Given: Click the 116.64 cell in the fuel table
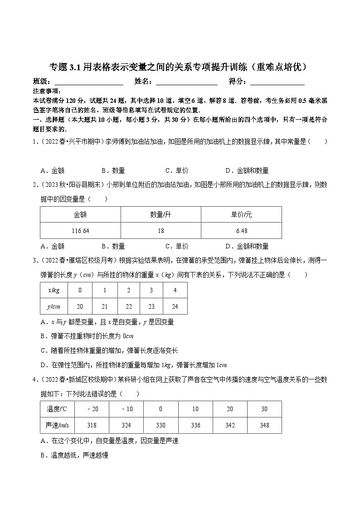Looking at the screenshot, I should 80,231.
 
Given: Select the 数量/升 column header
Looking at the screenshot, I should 161,214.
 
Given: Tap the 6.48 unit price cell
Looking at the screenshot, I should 242,231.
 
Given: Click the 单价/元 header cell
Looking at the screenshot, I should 242,214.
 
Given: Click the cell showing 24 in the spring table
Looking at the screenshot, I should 175,306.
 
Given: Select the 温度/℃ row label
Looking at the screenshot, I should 57,409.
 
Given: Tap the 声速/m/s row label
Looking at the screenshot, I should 57,425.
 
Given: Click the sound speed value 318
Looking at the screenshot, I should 91,425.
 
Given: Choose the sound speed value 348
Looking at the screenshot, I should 264,425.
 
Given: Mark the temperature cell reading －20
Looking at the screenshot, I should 91,409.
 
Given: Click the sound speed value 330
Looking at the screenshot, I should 161,425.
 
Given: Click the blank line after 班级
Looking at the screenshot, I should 88,82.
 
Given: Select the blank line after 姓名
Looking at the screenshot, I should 187,82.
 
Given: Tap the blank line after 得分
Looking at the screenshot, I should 277,82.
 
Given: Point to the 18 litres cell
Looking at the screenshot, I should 161,231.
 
